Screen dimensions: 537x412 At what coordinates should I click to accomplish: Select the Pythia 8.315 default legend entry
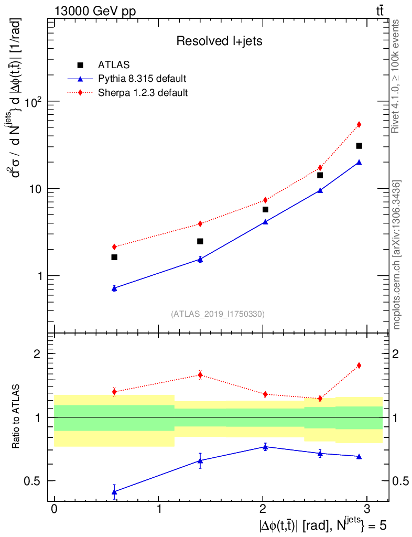pyautogui.click(x=142, y=79)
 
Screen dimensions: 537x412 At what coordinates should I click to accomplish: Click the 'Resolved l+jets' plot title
pyautogui.click(x=219, y=41)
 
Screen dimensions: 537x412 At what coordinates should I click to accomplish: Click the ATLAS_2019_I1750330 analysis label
pyautogui.click(x=218, y=314)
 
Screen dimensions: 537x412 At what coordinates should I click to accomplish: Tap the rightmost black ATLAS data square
pyautogui.click(x=359, y=146)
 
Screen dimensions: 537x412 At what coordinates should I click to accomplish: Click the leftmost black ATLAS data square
pyautogui.click(x=114, y=257)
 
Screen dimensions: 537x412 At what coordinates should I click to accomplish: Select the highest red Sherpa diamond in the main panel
pyautogui.click(x=359, y=124)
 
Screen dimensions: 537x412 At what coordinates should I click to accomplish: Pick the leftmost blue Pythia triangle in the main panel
pyautogui.click(x=114, y=288)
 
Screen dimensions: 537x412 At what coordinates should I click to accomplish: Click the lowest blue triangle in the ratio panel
pyautogui.click(x=114, y=491)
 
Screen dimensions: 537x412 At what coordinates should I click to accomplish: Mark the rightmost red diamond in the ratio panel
pyautogui.click(x=359, y=366)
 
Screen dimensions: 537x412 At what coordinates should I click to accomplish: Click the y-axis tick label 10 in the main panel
pyautogui.click(x=37, y=188)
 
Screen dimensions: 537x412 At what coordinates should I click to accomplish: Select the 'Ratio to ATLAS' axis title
pyautogui.click(x=17, y=417)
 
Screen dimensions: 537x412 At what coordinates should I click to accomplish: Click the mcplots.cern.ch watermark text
pyautogui.click(x=397, y=255)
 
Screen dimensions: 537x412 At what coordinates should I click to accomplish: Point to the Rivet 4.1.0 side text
pyautogui.click(x=397, y=77)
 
